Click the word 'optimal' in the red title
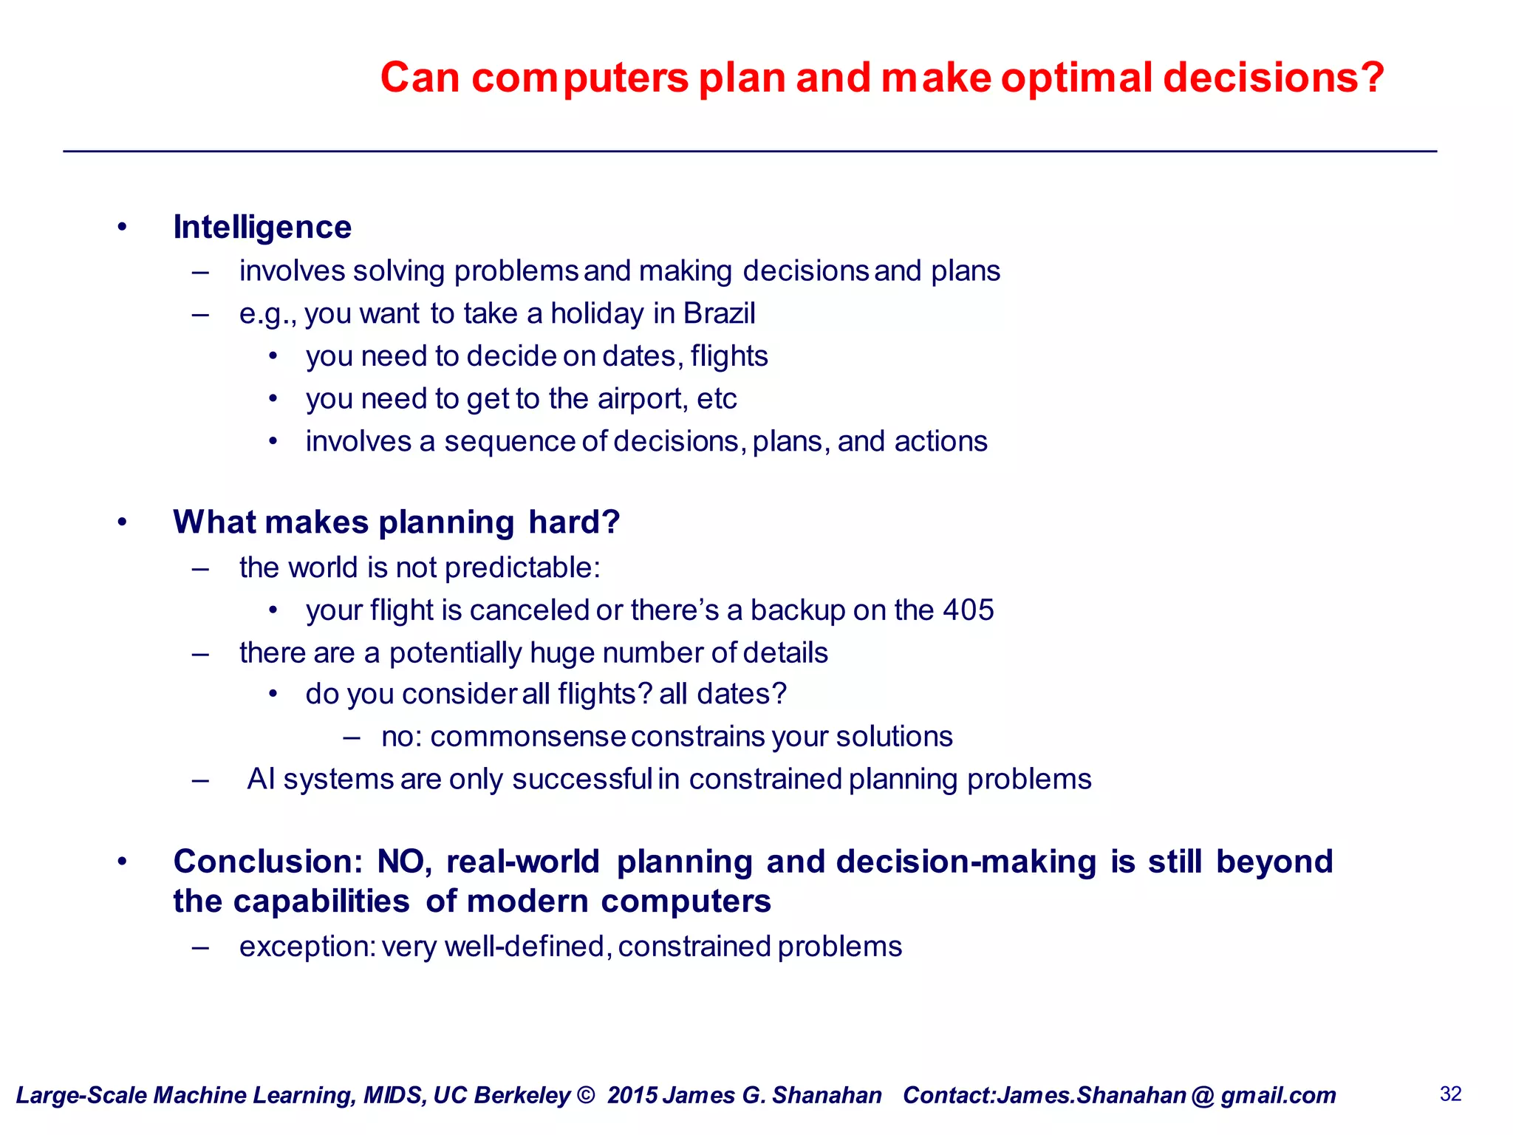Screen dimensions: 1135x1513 pyautogui.click(x=1076, y=78)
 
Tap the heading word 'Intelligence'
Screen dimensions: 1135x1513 pyautogui.click(x=262, y=227)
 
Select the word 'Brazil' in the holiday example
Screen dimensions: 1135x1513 pyautogui.click(x=719, y=313)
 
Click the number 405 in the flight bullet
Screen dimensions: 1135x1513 pyautogui.click(x=969, y=610)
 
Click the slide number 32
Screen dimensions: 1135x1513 pyautogui.click(x=1450, y=1094)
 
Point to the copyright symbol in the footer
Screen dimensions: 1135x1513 pyautogui.click(x=585, y=1095)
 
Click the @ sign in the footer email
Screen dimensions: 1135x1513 pyautogui.click(x=1203, y=1095)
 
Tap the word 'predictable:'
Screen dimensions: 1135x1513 pyautogui.click(x=522, y=567)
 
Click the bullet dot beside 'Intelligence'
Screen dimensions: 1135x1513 pyautogui.click(x=122, y=227)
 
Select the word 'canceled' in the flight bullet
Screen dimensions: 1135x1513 pyautogui.click(x=529, y=610)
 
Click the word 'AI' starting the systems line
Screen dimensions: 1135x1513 pyautogui.click(x=261, y=780)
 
